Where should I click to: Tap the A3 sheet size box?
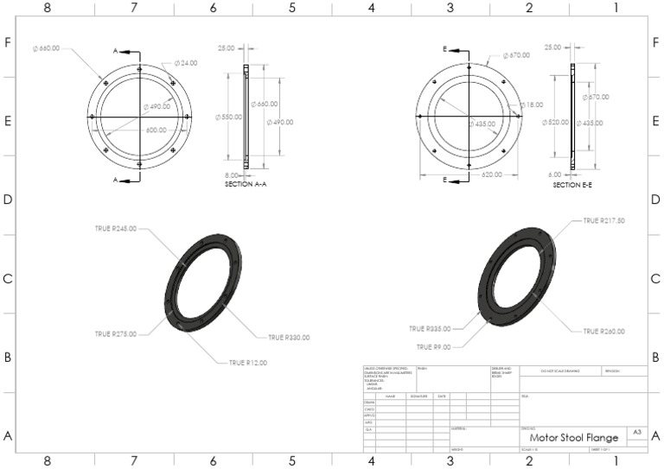pos(637,431)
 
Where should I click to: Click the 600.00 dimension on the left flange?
pos(156,130)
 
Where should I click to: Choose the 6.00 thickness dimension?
pos(557,174)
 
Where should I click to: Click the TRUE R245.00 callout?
pos(116,229)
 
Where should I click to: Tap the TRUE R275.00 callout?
pos(116,333)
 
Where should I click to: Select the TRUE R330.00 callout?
pos(289,338)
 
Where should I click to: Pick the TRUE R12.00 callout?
pos(248,363)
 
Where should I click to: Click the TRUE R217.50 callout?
pos(603,220)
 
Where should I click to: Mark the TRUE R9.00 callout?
pos(437,346)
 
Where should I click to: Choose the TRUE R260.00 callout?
pos(603,332)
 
